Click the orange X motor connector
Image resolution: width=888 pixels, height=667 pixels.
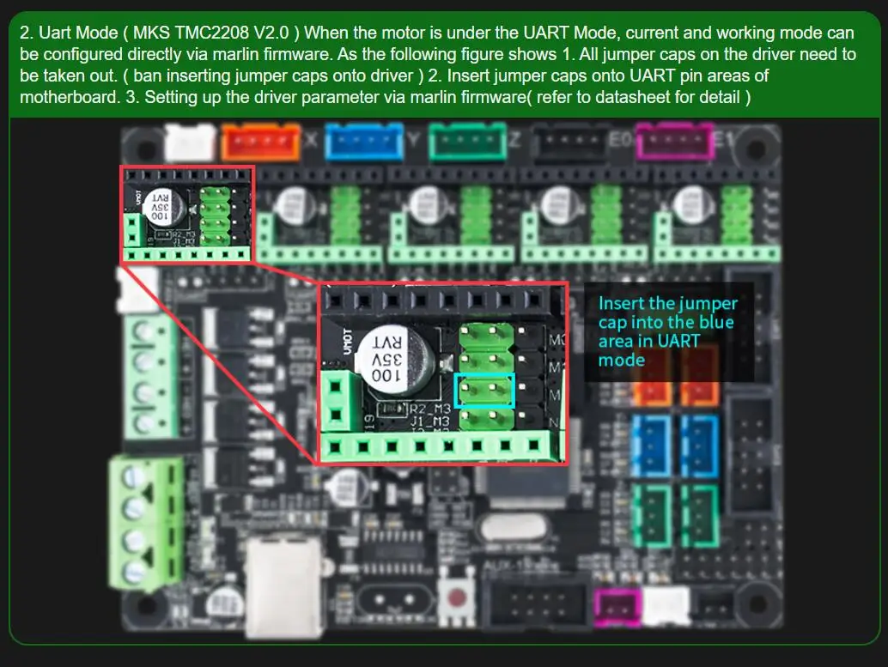coord(260,141)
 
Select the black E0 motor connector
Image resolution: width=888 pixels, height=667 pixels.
coord(570,141)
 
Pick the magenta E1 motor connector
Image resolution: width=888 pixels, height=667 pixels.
coord(674,141)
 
